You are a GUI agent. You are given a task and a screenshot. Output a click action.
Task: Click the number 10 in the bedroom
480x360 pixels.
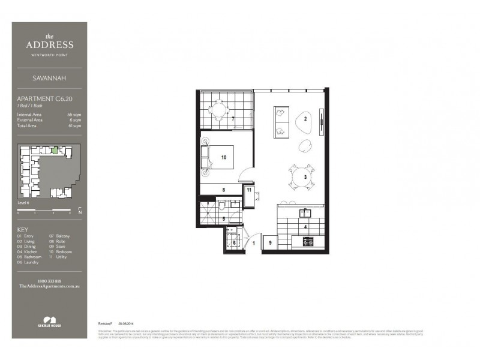click(x=223, y=158)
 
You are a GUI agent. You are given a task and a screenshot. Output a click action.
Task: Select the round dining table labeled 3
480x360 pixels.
click(x=298, y=176)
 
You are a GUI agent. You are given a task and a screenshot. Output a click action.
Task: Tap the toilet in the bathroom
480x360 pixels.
click(x=223, y=205)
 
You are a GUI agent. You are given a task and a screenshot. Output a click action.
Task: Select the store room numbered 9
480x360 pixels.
click(x=271, y=243)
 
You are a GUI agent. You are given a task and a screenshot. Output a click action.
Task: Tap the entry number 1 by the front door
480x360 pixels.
click(x=254, y=243)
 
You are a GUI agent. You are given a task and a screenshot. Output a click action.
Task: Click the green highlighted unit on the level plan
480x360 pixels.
click(x=55, y=150)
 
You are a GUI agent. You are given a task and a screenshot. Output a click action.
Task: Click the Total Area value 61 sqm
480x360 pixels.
click(x=74, y=127)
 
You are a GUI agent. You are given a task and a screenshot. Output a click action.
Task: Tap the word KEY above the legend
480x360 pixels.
click(x=23, y=230)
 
